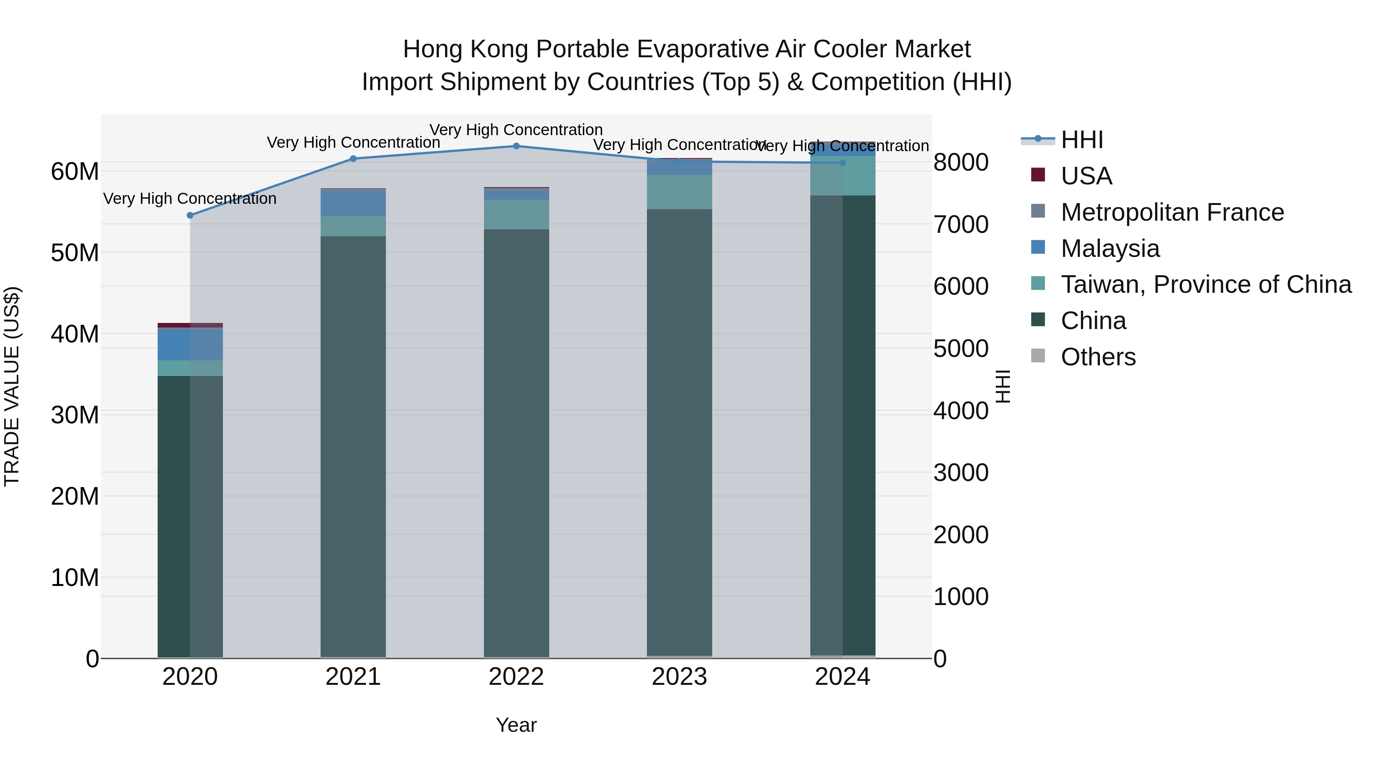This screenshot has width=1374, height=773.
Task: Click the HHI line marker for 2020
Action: [190, 215]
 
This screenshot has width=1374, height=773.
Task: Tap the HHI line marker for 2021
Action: [353, 158]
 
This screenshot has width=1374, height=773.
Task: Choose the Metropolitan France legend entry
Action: [1172, 212]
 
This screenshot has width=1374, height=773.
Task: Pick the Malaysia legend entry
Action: [1110, 249]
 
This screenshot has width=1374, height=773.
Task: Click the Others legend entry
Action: [1098, 357]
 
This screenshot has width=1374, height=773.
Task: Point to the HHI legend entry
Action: [1081, 140]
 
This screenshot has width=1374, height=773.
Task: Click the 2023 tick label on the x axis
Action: [679, 677]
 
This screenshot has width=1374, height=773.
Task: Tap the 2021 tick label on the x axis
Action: [353, 677]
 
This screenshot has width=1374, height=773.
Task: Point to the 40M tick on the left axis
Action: [75, 334]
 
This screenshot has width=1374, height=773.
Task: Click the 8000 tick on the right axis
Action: [961, 162]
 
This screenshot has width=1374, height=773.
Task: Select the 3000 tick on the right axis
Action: [961, 473]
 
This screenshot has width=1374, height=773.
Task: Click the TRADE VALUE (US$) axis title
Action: [12, 386]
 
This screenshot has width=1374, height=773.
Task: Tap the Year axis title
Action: [516, 725]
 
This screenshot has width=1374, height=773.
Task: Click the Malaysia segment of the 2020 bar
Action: [190, 345]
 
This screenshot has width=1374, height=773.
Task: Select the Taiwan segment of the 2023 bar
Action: [679, 192]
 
